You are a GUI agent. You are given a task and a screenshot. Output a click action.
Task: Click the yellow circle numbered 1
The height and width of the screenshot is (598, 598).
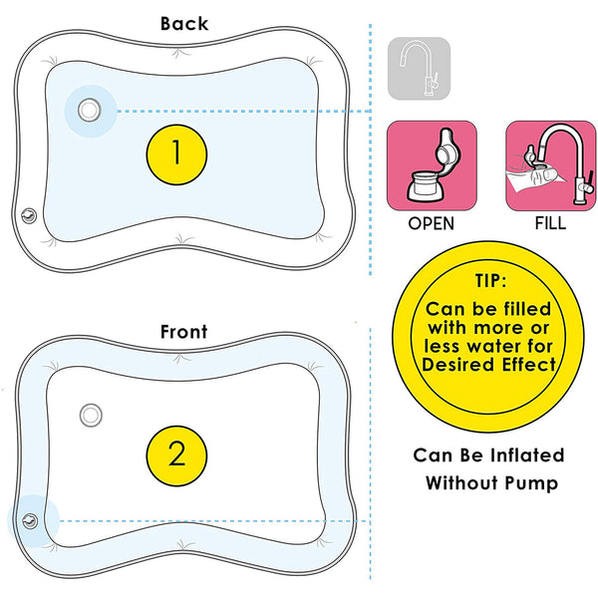coord(176,152)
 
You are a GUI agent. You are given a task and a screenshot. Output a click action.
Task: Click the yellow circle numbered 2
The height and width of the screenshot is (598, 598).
coord(176,454)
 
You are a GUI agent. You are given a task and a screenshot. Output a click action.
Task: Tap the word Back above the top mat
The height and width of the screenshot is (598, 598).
coord(184,23)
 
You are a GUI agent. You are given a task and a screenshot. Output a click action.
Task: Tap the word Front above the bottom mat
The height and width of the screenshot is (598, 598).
coord(184,332)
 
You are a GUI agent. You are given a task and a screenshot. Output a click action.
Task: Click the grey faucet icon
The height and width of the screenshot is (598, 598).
coord(419,68)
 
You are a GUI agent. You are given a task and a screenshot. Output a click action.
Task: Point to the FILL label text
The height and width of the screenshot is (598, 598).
coord(550,224)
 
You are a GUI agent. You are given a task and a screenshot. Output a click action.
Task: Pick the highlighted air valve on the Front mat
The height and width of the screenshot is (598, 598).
coord(30,519)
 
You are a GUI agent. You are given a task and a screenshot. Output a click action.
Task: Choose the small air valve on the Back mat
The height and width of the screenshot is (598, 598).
coord(30,213)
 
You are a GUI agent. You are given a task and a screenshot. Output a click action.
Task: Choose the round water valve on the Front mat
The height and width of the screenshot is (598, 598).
coord(90,414)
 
